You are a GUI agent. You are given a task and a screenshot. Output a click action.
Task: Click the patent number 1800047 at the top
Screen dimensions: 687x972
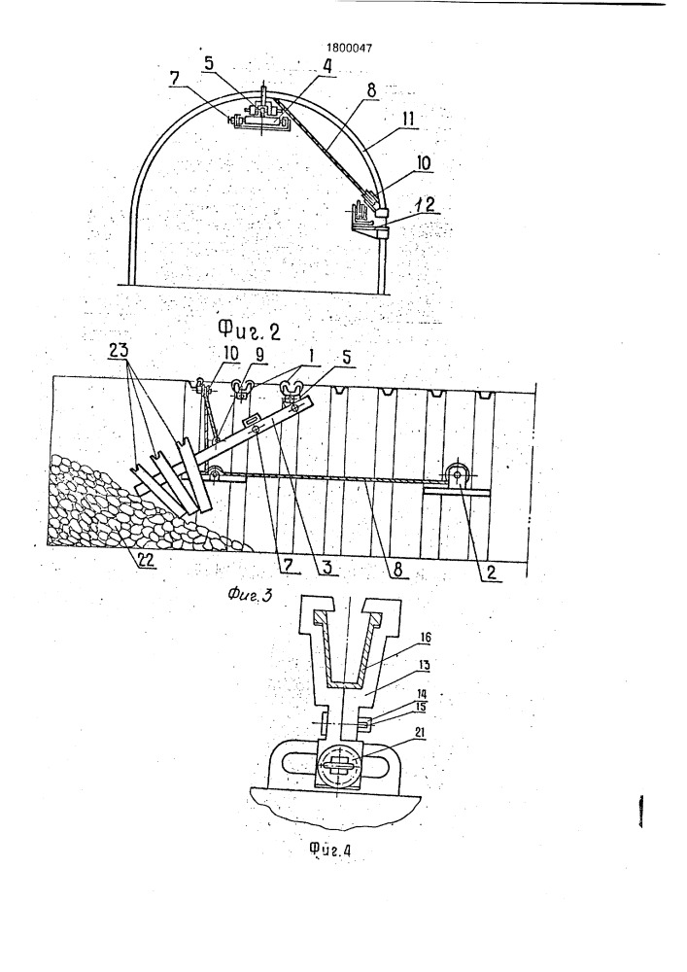350,48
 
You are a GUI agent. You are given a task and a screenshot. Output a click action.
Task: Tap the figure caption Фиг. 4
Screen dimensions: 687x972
329,850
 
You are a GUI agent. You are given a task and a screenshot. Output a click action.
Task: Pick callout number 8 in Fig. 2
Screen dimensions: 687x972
370,91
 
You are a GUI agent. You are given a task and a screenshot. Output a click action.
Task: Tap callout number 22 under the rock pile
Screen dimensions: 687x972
146,560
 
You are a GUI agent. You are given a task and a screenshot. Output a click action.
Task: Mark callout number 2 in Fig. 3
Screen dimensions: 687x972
491,573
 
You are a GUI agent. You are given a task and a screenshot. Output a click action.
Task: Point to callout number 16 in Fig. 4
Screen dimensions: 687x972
426,638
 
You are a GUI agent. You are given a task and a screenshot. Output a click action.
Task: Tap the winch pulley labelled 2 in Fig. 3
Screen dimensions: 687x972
457,476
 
